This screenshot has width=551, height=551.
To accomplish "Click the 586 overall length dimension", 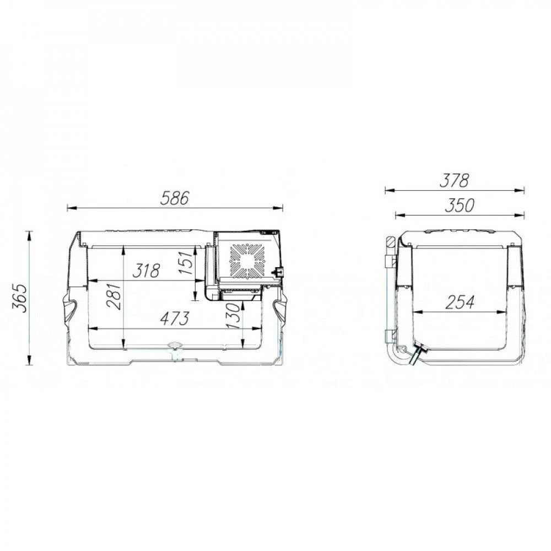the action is coord(175,198).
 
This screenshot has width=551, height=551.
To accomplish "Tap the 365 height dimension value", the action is coord(20,298).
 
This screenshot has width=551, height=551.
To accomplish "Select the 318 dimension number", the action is coord(146,271).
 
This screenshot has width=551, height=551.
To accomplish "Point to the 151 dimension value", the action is coord(186,262).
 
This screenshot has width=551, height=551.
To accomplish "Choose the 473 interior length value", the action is coord(175,318).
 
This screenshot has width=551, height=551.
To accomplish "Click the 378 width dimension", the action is coord(455,181).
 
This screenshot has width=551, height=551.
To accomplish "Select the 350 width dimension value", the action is coord(460,206).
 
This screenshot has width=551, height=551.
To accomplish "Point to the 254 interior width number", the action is coord(460,302).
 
